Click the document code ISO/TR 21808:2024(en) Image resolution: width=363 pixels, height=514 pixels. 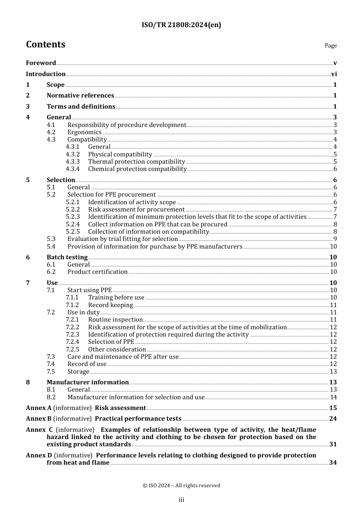(181, 25)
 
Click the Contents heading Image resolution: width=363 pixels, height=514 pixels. (45, 45)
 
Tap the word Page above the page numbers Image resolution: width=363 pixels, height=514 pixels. (331, 46)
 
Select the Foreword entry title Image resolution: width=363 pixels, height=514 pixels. (41, 63)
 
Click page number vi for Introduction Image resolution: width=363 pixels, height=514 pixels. (334, 74)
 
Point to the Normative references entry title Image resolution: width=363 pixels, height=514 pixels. (80, 96)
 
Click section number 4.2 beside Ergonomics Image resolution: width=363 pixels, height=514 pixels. (51, 132)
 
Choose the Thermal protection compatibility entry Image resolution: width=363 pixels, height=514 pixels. (136, 162)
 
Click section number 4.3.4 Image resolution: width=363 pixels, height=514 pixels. (73, 169)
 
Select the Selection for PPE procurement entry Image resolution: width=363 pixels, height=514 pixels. (112, 195)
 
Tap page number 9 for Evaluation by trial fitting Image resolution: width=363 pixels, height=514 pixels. (335, 239)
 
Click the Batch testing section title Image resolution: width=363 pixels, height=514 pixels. (67, 257)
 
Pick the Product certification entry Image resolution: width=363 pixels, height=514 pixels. (97, 272)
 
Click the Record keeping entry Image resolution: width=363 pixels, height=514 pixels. (110, 305)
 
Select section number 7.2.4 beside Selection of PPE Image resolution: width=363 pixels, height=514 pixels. (73, 342)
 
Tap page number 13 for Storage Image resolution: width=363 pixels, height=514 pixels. (333, 372)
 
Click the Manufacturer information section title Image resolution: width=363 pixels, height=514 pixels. (88, 382)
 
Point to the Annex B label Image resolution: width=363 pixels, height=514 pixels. (39, 419)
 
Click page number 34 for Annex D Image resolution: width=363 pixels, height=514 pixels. (333, 463)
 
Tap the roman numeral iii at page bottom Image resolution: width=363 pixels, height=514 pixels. (181, 500)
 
